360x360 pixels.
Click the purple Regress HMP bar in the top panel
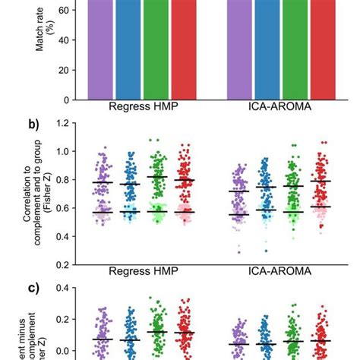(x=100, y=49)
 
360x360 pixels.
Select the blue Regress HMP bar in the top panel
(x=128, y=49)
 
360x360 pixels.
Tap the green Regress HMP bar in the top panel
(x=156, y=49)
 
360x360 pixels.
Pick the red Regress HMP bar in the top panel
(x=183, y=49)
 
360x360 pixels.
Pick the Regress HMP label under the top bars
(x=142, y=107)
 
